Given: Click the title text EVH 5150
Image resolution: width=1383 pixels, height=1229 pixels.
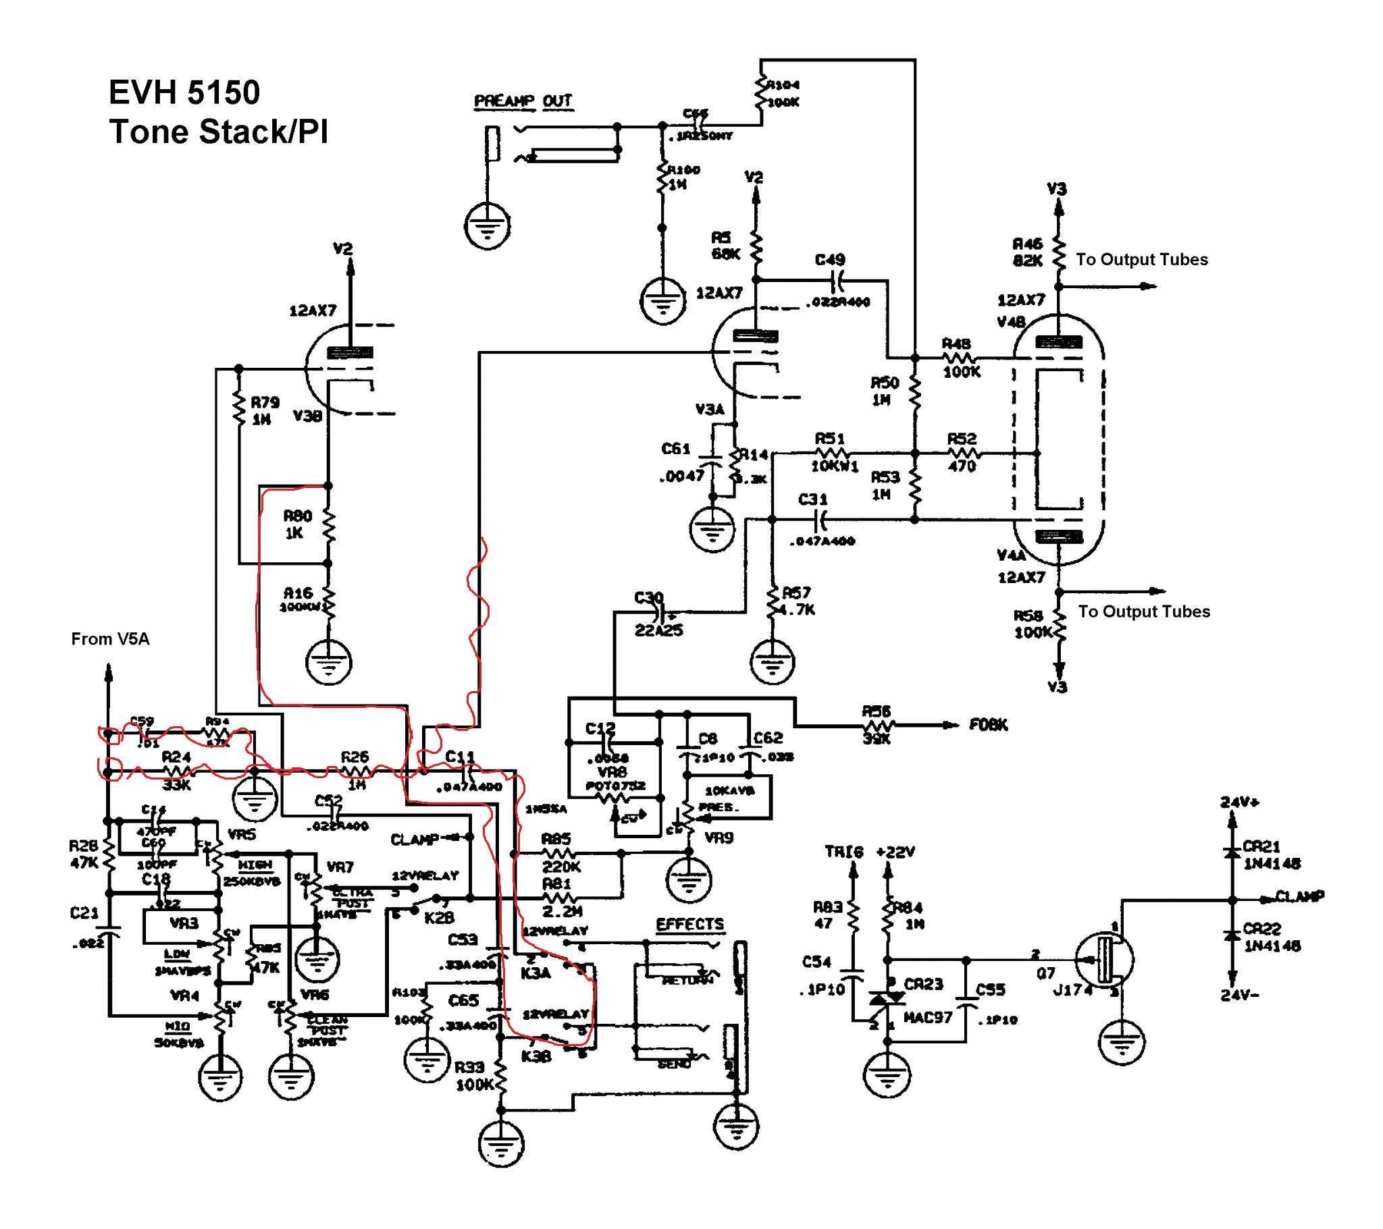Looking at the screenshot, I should click(184, 92).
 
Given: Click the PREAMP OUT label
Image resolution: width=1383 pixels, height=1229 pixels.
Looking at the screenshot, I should click(523, 101).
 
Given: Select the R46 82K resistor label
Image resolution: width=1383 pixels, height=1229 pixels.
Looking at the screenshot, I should click(1027, 252).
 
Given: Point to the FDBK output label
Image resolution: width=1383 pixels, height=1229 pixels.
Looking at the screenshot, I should click(989, 725).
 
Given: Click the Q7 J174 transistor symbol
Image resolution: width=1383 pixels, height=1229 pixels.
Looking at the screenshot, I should click(1103, 961).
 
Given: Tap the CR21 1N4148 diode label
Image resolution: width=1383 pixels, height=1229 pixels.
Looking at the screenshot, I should click(1272, 855).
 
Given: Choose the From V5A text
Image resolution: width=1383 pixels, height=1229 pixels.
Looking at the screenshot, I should click(110, 639).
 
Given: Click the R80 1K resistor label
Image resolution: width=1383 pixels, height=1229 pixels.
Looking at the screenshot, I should click(298, 524).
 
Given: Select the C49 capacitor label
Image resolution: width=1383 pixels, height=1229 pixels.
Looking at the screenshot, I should click(829, 260).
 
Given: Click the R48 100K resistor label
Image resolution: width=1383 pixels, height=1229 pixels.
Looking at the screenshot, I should click(958, 358).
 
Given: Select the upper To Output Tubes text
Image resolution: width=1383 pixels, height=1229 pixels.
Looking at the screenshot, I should click(1141, 260).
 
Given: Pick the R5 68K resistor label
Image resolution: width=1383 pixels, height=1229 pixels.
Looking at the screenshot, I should click(725, 245).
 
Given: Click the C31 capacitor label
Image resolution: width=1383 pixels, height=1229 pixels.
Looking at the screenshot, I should click(812, 499).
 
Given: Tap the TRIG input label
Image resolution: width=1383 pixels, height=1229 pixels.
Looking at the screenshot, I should click(843, 852).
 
